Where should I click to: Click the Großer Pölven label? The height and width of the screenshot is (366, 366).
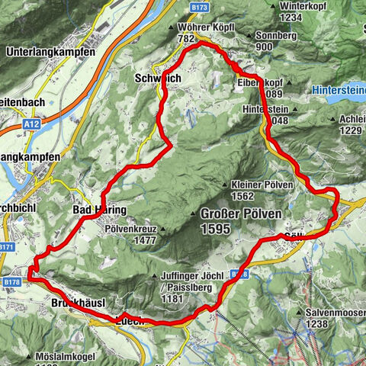[241, 213]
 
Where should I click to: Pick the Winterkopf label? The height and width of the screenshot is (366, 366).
[298, 6]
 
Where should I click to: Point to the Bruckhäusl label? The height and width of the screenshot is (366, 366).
[72, 303]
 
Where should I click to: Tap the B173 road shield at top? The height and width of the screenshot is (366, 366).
[201, 8]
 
